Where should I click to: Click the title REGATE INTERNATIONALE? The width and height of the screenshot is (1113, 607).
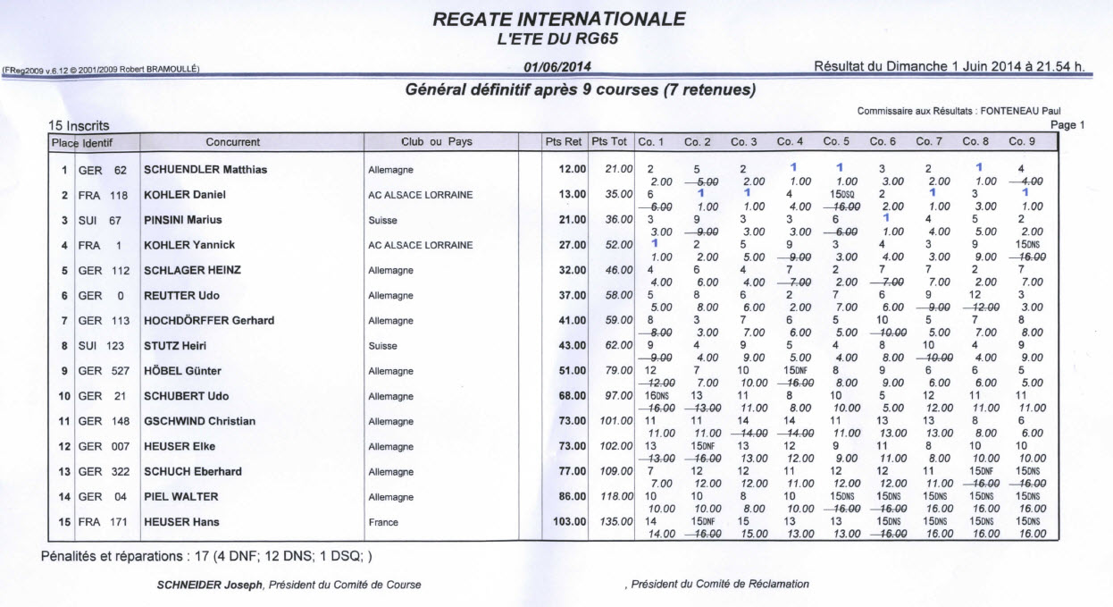pyautogui.click(x=559, y=19)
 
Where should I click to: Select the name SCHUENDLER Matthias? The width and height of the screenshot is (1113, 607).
pyautogui.click(x=205, y=170)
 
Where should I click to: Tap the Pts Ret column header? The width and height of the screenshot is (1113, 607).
pyautogui.click(x=564, y=142)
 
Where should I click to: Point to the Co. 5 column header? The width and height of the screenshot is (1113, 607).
pyautogui.click(x=836, y=142)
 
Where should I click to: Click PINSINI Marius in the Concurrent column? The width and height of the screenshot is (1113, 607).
pyautogui.click(x=183, y=220)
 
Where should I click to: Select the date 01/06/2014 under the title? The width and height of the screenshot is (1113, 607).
pyautogui.click(x=557, y=67)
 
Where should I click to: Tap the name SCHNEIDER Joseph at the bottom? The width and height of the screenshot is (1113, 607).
pyautogui.click(x=204, y=585)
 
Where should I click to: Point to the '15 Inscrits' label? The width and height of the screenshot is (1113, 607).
pyautogui.click(x=79, y=126)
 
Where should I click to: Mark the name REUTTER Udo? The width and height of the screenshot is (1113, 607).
pyautogui.click(x=182, y=296)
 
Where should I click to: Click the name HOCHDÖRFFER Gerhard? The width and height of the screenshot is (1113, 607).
pyautogui.click(x=209, y=321)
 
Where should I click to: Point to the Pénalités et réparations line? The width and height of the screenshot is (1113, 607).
pyautogui.click(x=206, y=556)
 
